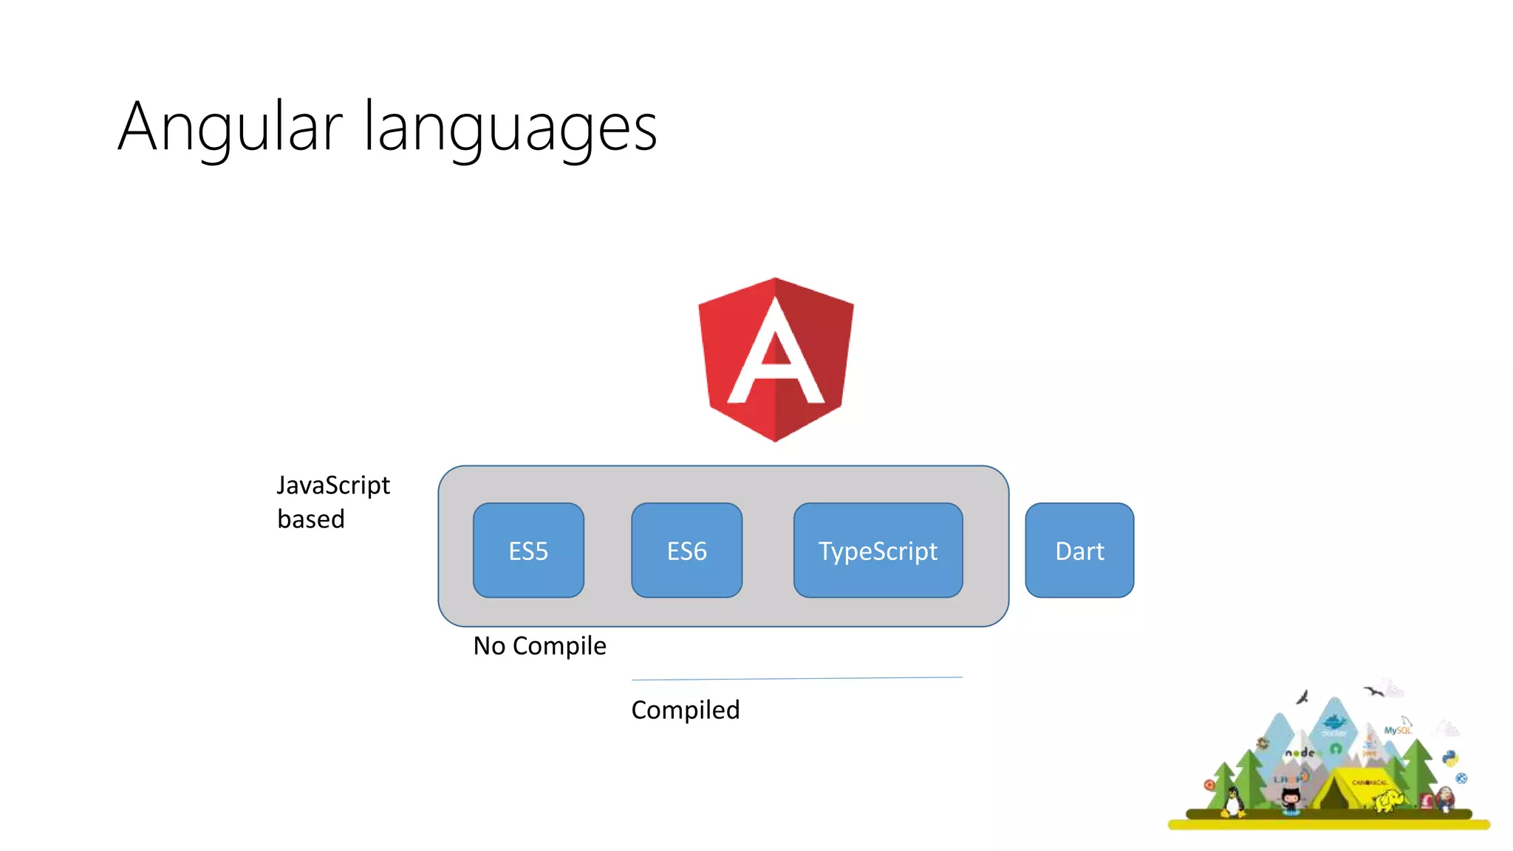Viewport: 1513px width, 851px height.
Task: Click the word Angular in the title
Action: coord(230,127)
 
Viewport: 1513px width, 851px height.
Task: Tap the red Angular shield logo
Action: coord(776,360)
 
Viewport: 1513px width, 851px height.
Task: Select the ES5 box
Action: coord(528,551)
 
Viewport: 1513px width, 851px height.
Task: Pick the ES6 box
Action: coord(686,551)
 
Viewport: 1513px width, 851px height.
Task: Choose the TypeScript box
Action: coord(878,551)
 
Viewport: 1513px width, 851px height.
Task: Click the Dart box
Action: coord(1079,551)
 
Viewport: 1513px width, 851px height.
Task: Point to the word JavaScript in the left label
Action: coord(333,485)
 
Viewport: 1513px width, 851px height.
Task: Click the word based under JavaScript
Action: coord(311,519)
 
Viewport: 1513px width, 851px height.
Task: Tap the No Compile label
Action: coord(539,646)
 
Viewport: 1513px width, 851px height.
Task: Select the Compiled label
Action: coord(685,710)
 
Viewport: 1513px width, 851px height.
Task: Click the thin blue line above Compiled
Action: coord(796,678)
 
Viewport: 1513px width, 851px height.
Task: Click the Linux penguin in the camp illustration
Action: coord(1232,802)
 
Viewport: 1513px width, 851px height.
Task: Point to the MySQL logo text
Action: coord(1397,730)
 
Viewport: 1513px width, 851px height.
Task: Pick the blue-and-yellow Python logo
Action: coord(1450,759)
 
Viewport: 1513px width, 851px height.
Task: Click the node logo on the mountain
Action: coord(1300,753)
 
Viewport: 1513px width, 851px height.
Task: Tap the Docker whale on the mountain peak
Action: coord(1334,722)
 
